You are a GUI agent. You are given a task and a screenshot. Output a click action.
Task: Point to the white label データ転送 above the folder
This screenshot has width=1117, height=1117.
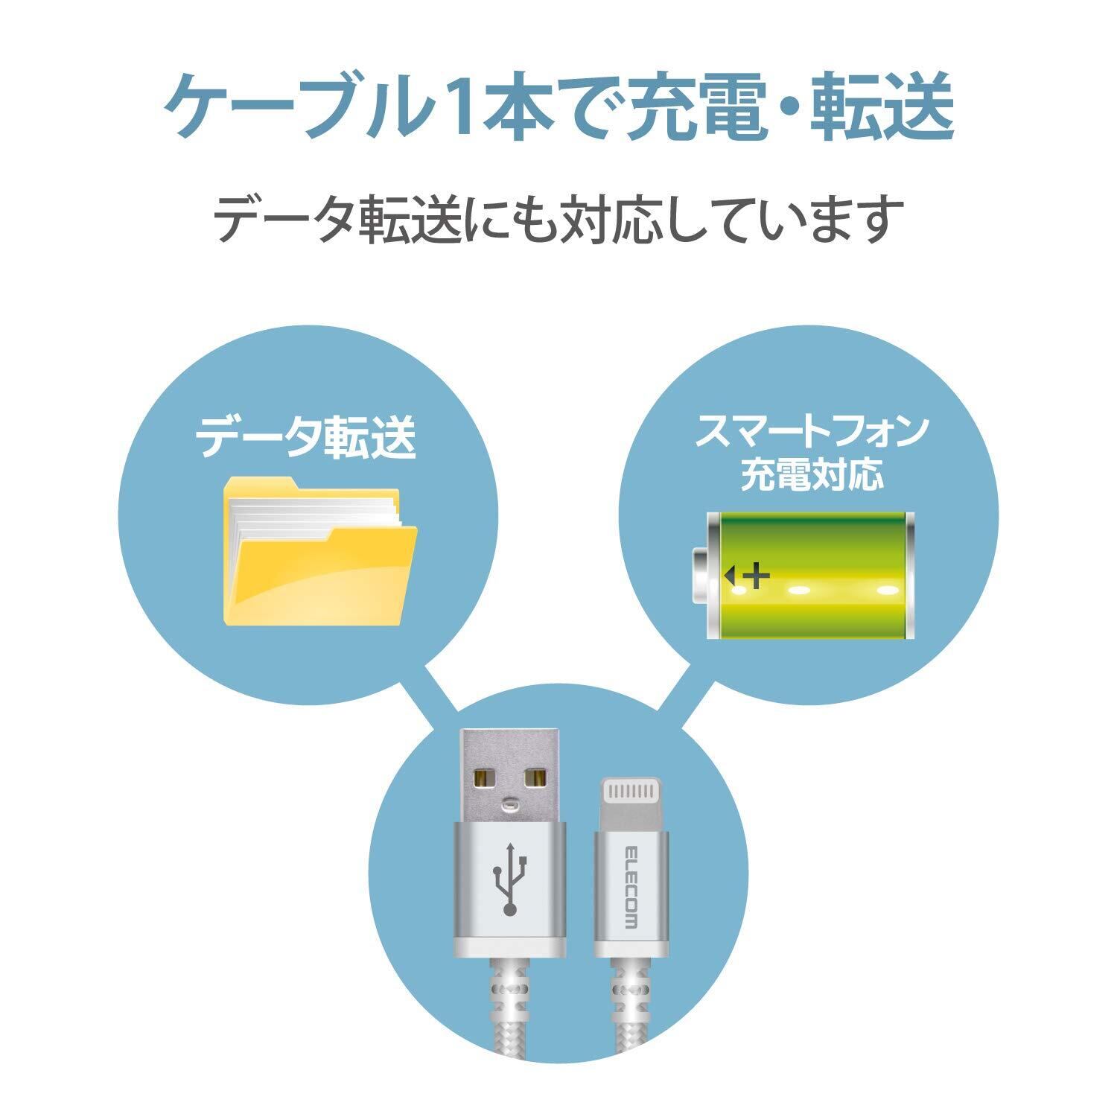pos(305,439)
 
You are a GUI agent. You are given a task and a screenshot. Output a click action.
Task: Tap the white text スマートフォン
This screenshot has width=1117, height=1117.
pos(812,432)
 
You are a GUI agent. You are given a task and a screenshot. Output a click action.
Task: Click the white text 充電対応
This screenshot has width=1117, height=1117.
pos(812,474)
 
